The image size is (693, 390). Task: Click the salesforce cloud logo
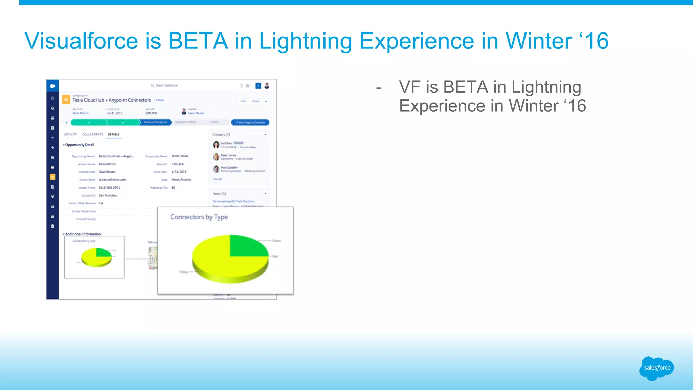point(656,368)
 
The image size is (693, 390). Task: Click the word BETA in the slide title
point(198,41)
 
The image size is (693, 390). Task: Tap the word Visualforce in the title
point(81,41)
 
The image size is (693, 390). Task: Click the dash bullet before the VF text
point(379,88)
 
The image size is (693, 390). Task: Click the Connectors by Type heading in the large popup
point(199,217)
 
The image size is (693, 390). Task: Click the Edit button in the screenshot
point(243,101)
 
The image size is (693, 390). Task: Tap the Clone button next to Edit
point(255,101)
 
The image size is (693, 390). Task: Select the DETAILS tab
point(113,134)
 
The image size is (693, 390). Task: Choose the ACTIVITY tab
point(70,134)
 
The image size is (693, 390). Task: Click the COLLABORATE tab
point(92,134)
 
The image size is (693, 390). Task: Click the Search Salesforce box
point(166,85)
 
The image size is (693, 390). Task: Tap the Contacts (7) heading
point(221,135)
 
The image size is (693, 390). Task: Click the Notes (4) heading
point(219,194)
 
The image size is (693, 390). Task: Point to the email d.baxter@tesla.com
point(112,180)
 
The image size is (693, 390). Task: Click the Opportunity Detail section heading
point(80,145)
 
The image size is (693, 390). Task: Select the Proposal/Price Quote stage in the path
point(155,122)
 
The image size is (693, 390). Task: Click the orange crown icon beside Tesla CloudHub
point(66,100)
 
